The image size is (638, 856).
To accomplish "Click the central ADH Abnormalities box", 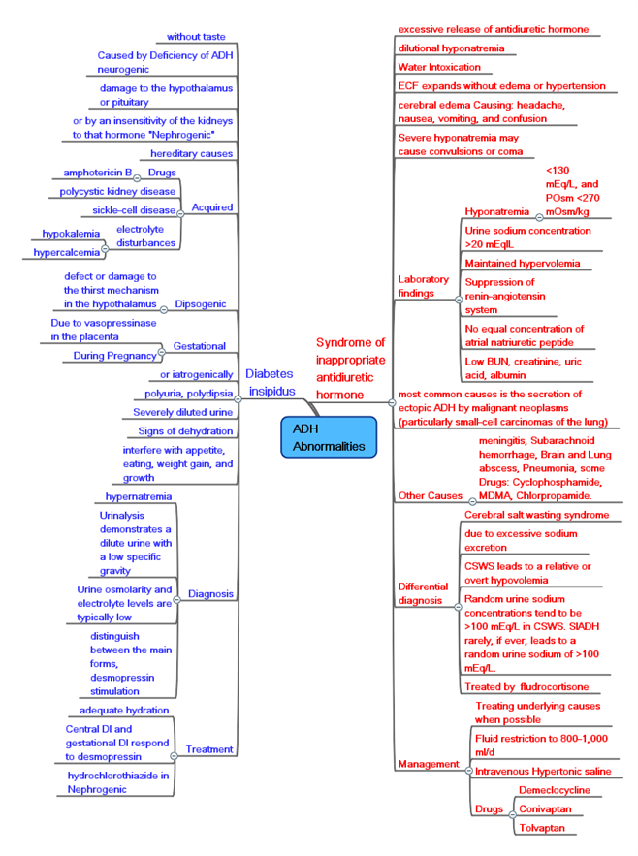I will pyautogui.click(x=328, y=437).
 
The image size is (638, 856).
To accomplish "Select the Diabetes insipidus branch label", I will pyautogui.click(x=269, y=382).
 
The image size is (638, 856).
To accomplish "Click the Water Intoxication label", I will pyautogui.click(x=439, y=67).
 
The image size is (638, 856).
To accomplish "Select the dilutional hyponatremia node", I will pyautogui.click(x=451, y=48).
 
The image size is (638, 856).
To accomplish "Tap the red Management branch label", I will pyautogui.click(x=427, y=764).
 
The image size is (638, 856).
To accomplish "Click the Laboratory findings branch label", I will pyautogui.click(x=424, y=286).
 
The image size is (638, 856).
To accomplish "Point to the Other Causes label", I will pyautogui.click(x=431, y=496).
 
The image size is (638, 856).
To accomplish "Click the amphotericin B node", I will pyautogui.click(x=97, y=173).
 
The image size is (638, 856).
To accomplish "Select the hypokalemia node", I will pyautogui.click(x=74, y=234).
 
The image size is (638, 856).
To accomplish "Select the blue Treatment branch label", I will pyautogui.click(x=208, y=749).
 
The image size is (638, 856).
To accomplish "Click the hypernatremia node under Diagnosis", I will pyautogui.click(x=139, y=496).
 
